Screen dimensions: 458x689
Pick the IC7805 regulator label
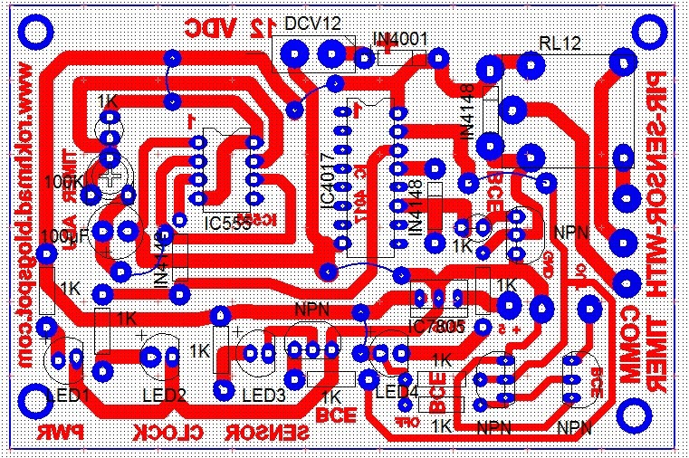point(435,326)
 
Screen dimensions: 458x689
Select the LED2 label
point(164,395)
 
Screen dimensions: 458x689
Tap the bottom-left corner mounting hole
point(37,399)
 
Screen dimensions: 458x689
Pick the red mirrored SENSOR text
point(267,434)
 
